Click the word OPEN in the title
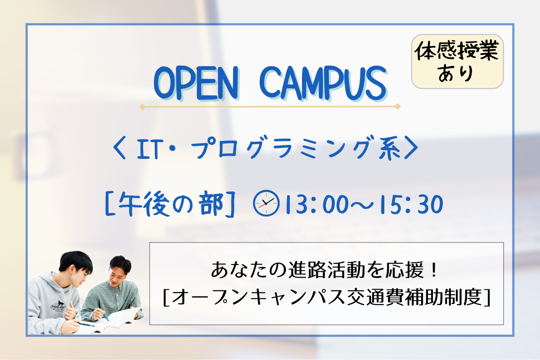point(196,83)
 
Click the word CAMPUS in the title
point(324,83)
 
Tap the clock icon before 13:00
point(266,203)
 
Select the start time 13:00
point(317,204)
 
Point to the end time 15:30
point(411,204)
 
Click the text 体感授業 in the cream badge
point(457,51)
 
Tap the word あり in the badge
point(455,73)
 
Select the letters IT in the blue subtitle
point(148,150)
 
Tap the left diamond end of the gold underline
point(142,107)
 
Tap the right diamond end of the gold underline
point(397,106)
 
